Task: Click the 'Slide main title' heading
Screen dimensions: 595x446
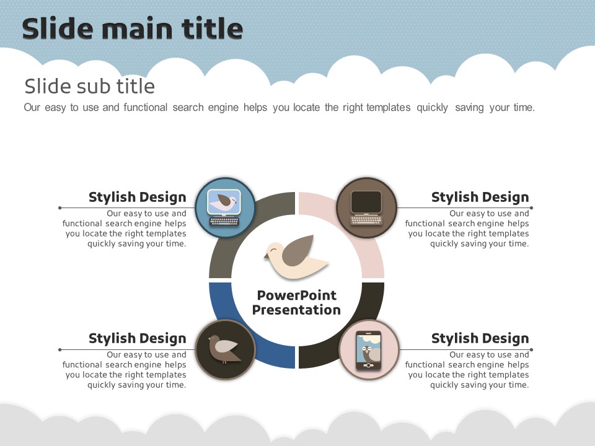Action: pyautogui.click(x=133, y=29)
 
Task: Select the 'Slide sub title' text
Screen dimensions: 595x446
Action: pyautogui.click(x=89, y=86)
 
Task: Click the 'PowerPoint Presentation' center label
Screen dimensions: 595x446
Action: pyautogui.click(x=296, y=302)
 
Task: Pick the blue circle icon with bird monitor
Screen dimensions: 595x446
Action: pyautogui.click(x=226, y=208)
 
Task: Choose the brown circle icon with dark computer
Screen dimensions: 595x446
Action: pyautogui.click(x=366, y=208)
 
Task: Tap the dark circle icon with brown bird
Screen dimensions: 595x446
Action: pyautogui.click(x=226, y=349)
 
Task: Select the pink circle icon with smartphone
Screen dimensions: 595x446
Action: pyautogui.click(x=369, y=349)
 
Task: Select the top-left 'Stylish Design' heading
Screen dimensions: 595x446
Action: pyautogui.click(x=138, y=197)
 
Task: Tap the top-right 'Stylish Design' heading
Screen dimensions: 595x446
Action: pyautogui.click(x=480, y=197)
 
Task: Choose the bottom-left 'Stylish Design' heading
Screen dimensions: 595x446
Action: pyautogui.click(x=138, y=338)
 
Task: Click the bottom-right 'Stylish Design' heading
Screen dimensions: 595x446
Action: pyautogui.click(x=480, y=338)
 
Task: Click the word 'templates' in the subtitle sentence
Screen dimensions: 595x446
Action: pyautogui.click(x=389, y=108)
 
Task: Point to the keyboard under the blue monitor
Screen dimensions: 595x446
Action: pyautogui.click(x=224, y=221)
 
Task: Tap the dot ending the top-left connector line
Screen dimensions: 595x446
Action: pyautogui.click(x=60, y=208)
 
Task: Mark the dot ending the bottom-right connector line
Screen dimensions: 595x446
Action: pyautogui.click(x=531, y=349)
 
